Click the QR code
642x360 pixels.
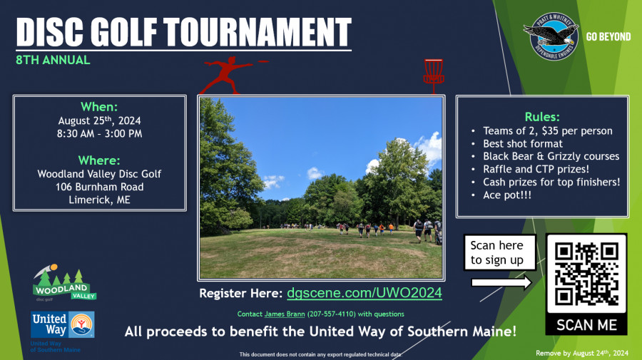pos(586,274)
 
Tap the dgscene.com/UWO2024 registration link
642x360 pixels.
pos(365,293)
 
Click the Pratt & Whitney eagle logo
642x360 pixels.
pos(551,36)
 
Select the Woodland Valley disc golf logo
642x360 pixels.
pos(64,283)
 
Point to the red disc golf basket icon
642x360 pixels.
pos(434,76)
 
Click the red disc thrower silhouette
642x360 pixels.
pos(229,76)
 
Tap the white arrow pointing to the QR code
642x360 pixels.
pos(501,282)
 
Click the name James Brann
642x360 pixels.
pos(285,314)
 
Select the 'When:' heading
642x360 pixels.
pos(99,107)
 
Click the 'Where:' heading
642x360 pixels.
pos(99,160)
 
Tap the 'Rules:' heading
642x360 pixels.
pos(542,117)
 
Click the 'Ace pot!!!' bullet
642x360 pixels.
pos(507,195)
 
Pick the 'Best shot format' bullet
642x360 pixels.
pos(522,143)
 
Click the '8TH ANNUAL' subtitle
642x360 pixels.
pos(53,60)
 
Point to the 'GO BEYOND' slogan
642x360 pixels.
pos(608,37)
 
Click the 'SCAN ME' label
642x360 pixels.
pos(586,325)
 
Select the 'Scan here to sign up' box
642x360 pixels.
pos(500,252)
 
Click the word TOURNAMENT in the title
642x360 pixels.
pos(258,32)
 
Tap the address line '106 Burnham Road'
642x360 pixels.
pos(99,187)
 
